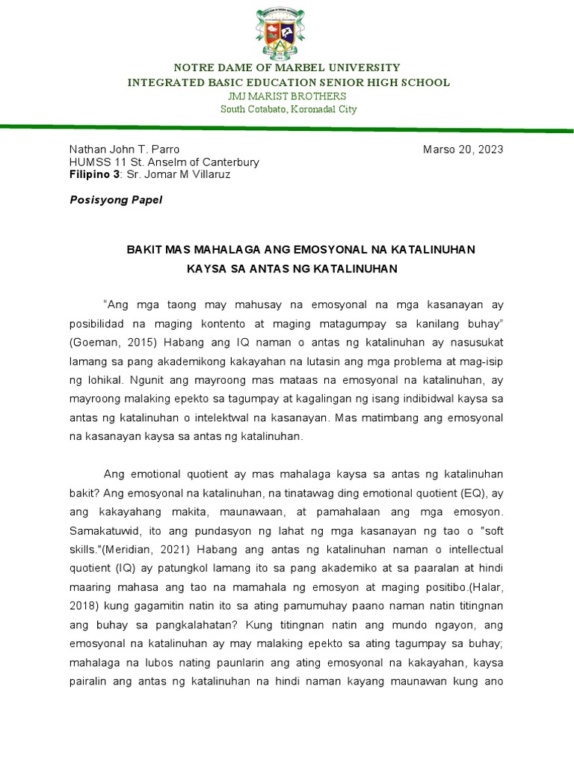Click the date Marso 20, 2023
pyautogui.click(x=463, y=149)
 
